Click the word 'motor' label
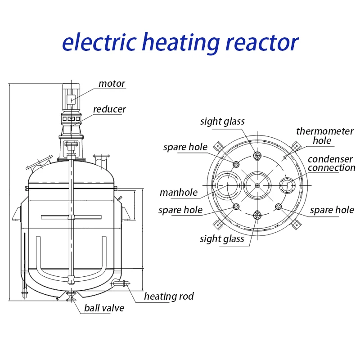[x=112, y=84]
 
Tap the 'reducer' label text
[x=109, y=109]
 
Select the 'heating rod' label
[x=169, y=296]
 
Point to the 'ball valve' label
[x=104, y=308]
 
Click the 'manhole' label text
[x=179, y=193]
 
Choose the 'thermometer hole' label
[x=324, y=135]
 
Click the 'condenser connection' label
[x=331, y=164]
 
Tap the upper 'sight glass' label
[x=222, y=121]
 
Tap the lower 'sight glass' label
[x=222, y=239]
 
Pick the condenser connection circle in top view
[x=287, y=184]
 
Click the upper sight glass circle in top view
[x=257, y=156]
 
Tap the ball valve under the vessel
[x=71, y=295]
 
